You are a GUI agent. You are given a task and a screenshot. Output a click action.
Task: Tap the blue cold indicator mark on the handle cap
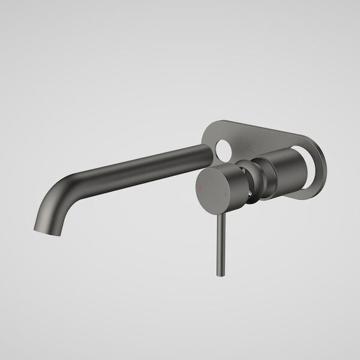tap(224, 195)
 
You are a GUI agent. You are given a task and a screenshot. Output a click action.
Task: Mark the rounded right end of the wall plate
tap(325, 174)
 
